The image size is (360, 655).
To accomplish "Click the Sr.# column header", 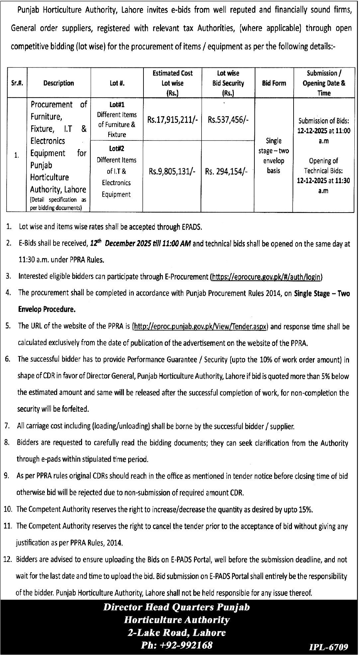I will pos(16,83).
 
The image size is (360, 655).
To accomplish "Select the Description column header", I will pos(58,83).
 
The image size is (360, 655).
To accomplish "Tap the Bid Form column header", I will pos(274,83).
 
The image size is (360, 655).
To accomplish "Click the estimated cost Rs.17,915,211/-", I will pos(173,120).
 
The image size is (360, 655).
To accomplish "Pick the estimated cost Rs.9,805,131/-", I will pos(172,171).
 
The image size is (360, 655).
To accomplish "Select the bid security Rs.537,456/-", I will pos(228,120).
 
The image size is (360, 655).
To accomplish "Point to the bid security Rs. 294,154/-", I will pos(226,172).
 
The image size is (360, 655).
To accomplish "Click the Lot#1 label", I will pos(117,105).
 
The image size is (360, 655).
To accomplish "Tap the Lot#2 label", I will pos(116,148).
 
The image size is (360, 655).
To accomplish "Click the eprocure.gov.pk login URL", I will pos(267,277).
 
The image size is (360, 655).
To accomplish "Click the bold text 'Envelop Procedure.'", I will pos(46,310).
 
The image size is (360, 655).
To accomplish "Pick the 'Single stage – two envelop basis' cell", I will pos(273,156).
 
